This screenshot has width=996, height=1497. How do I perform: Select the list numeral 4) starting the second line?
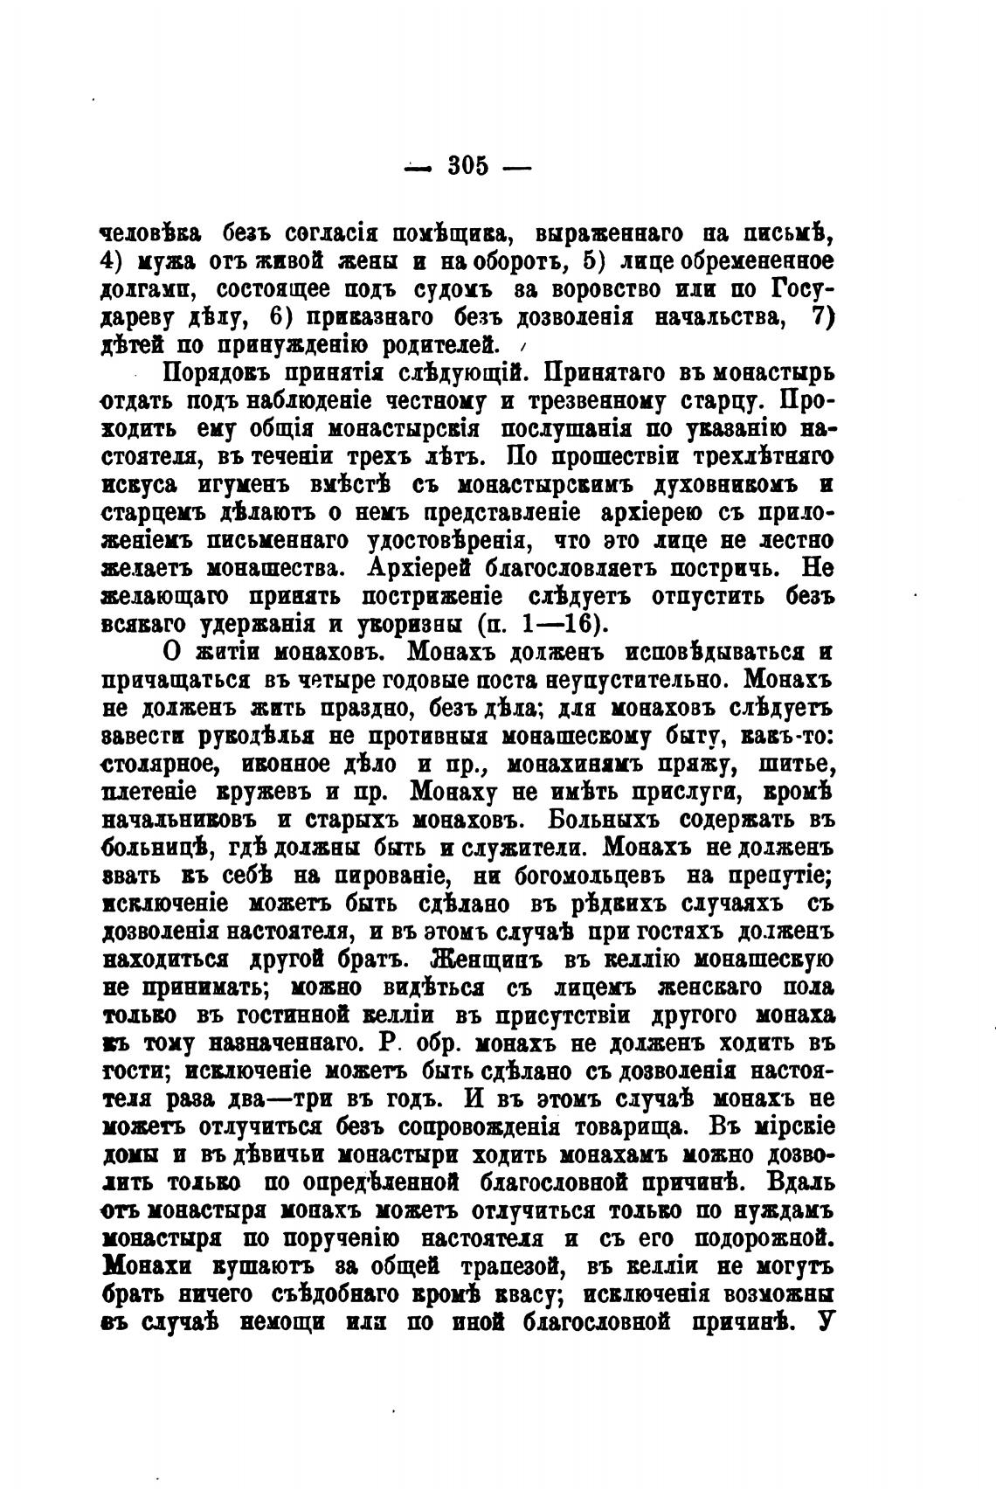(x=115, y=262)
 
